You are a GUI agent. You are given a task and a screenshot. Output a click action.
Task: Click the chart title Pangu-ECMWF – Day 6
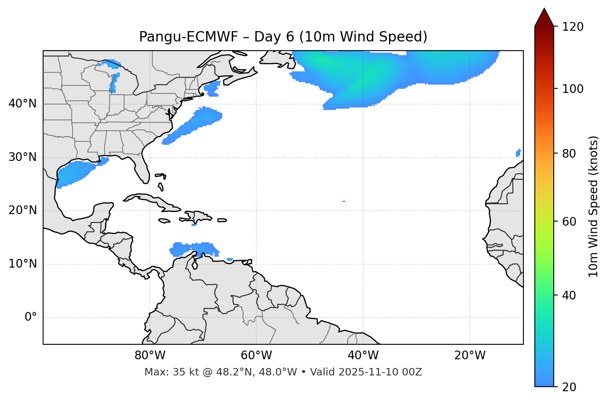(x=283, y=37)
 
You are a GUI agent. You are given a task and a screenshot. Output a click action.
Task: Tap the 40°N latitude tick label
(x=22, y=104)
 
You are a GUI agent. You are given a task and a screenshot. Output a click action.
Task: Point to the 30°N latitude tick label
(x=22, y=157)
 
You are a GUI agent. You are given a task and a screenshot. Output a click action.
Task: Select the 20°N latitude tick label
(x=22, y=210)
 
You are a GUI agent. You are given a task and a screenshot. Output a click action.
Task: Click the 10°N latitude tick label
(x=22, y=264)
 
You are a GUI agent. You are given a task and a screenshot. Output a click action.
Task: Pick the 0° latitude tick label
(x=31, y=317)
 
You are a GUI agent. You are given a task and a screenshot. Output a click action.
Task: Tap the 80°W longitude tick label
(x=150, y=356)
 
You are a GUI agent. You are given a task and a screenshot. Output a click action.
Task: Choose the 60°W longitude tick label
(x=256, y=356)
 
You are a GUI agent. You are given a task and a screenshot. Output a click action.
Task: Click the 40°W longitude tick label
(x=363, y=356)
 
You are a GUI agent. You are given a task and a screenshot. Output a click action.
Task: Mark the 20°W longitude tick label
(x=470, y=356)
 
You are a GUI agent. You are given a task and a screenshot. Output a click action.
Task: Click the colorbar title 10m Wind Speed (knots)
(x=593, y=206)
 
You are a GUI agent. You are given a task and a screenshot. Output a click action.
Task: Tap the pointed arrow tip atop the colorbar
(x=544, y=10)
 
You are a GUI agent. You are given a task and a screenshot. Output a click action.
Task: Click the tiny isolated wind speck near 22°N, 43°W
(x=344, y=201)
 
